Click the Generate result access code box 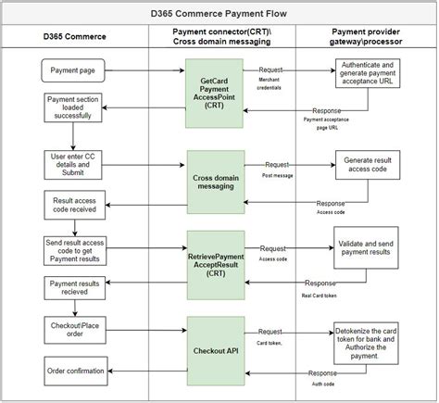(x=370, y=165)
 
